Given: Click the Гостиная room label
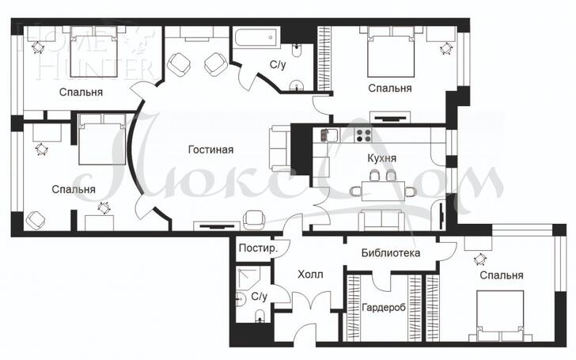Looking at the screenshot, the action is (x=210, y=150).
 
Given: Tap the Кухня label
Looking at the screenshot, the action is (x=381, y=158).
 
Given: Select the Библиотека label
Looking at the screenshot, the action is (x=391, y=252).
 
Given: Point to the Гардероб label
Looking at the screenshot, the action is (x=384, y=307).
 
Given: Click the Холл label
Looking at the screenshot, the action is (x=310, y=275).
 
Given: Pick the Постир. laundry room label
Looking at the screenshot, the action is (x=258, y=248).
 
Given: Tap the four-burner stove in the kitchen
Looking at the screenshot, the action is (x=363, y=135).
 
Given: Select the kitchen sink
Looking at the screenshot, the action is (x=329, y=135).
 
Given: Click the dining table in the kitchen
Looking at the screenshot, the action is (x=383, y=191).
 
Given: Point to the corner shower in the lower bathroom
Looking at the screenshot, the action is (x=248, y=277).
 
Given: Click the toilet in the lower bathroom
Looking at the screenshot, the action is (x=260, y=316).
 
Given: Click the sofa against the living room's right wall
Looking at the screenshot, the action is (x=280, y=149).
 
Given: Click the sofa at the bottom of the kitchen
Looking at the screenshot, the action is (x=381, y=220).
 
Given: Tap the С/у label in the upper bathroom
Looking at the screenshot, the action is (x=278, y=66).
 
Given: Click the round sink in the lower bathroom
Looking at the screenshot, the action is (x=241, y=298).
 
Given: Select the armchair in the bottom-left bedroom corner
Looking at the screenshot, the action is (x=36, y=220).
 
